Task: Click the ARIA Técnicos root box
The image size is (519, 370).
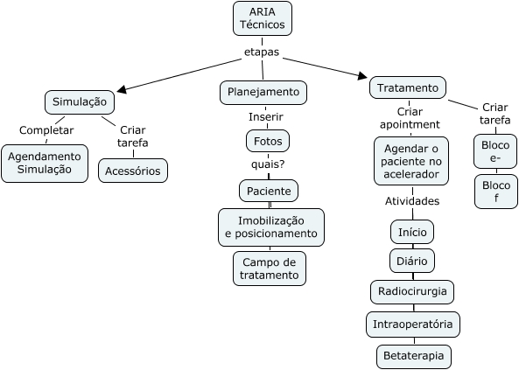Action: [263, 18]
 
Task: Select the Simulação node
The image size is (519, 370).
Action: [80, 102]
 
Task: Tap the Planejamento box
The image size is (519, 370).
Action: [263, 93]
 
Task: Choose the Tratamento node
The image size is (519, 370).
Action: [408, 88]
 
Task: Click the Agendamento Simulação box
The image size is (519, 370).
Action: [45, 164]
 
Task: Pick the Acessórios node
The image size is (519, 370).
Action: [133, 171]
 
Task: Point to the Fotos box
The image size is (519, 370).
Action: [268, 142]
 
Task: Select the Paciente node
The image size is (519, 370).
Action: [269, 191]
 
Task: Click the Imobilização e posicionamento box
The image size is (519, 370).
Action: [271, 227]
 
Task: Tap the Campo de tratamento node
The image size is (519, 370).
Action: [270, 269]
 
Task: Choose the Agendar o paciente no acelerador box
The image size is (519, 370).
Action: [411, 161]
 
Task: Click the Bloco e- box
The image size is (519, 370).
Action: [495, 151]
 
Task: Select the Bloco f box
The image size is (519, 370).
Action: [496, 192]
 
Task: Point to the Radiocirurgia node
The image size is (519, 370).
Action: [412, 292]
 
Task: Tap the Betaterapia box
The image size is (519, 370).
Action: [414, 356]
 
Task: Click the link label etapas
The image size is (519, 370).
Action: [262, 52]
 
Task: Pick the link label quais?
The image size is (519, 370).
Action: [268, 164]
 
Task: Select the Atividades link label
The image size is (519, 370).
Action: [412, 201]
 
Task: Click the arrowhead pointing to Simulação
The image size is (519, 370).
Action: [122, 89]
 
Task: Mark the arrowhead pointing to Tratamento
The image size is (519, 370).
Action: [362, 76]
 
